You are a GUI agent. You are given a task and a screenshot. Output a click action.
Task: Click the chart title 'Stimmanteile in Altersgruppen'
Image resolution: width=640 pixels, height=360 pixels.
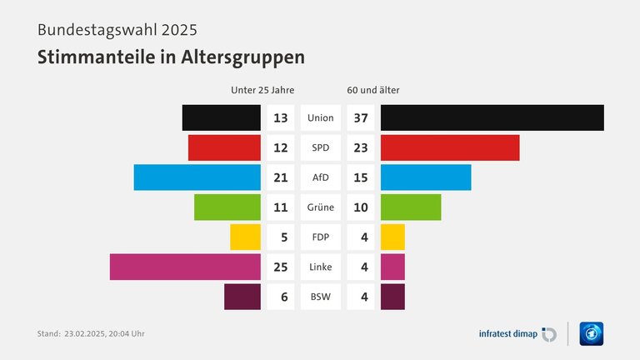(171, 57)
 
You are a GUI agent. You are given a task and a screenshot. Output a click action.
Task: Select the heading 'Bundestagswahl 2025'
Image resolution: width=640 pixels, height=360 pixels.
(117, 31)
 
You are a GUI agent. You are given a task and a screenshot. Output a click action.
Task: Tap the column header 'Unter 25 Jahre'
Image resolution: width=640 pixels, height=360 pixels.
(262, 90)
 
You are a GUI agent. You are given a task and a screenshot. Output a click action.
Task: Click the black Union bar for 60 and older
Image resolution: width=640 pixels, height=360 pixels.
(492, 117)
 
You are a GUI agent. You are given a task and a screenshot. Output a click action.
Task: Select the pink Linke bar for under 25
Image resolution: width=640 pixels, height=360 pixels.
(185, 267)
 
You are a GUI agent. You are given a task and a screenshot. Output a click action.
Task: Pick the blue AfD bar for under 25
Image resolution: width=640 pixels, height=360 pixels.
(197, 177)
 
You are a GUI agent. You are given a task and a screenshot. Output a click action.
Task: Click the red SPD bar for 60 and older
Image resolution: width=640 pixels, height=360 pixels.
(450, 147)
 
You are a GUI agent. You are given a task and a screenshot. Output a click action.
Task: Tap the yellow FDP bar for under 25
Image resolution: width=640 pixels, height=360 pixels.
(245, 237)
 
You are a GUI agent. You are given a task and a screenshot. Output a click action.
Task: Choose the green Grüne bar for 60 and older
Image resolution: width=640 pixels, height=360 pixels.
(411, 207)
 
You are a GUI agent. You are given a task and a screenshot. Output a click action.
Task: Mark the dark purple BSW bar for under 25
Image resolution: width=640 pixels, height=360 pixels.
(242, 297)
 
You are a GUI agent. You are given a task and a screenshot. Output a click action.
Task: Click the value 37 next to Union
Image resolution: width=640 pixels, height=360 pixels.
(361, 117)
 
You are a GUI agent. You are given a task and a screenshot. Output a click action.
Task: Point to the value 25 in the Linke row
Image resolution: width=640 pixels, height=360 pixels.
(280, 267)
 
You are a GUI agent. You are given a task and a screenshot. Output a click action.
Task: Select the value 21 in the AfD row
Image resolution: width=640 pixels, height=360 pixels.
(280, 177)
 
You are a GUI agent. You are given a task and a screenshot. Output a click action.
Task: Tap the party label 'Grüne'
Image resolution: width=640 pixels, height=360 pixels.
(321, 207)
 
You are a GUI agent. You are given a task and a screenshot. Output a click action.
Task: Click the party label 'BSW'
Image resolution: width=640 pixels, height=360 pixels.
(321, 297)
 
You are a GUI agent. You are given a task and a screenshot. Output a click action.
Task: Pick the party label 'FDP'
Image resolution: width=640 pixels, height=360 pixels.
(321, 237)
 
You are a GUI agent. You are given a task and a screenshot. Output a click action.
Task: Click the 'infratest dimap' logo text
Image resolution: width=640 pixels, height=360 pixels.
(507, 334)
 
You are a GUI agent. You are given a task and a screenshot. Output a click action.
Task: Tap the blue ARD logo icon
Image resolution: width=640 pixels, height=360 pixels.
(591, 333)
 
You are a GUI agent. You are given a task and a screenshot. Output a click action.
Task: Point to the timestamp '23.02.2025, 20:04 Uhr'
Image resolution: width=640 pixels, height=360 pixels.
(104, 334)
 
